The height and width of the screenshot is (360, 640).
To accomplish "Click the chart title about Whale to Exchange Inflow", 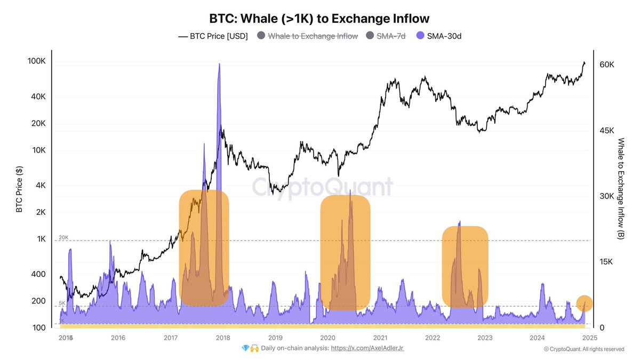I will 319,18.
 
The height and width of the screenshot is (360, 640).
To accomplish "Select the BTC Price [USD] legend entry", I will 213,36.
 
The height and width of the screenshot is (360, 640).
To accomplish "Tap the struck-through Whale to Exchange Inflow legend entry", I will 307,36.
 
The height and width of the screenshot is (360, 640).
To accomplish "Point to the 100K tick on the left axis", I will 36,61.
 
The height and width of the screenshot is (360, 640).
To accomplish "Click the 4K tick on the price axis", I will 41,186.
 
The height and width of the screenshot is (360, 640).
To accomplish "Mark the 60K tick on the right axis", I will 607,64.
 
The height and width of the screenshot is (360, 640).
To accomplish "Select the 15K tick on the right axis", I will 607,262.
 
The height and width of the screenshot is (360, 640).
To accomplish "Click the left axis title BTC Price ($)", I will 20,189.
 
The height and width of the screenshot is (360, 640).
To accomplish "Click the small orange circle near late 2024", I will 584,303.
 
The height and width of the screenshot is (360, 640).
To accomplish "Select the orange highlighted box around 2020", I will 345,253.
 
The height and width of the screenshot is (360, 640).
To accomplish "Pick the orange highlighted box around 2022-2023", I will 465,267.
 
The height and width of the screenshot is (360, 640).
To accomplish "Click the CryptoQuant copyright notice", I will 583,349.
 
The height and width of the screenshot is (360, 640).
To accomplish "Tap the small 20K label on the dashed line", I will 63,237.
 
